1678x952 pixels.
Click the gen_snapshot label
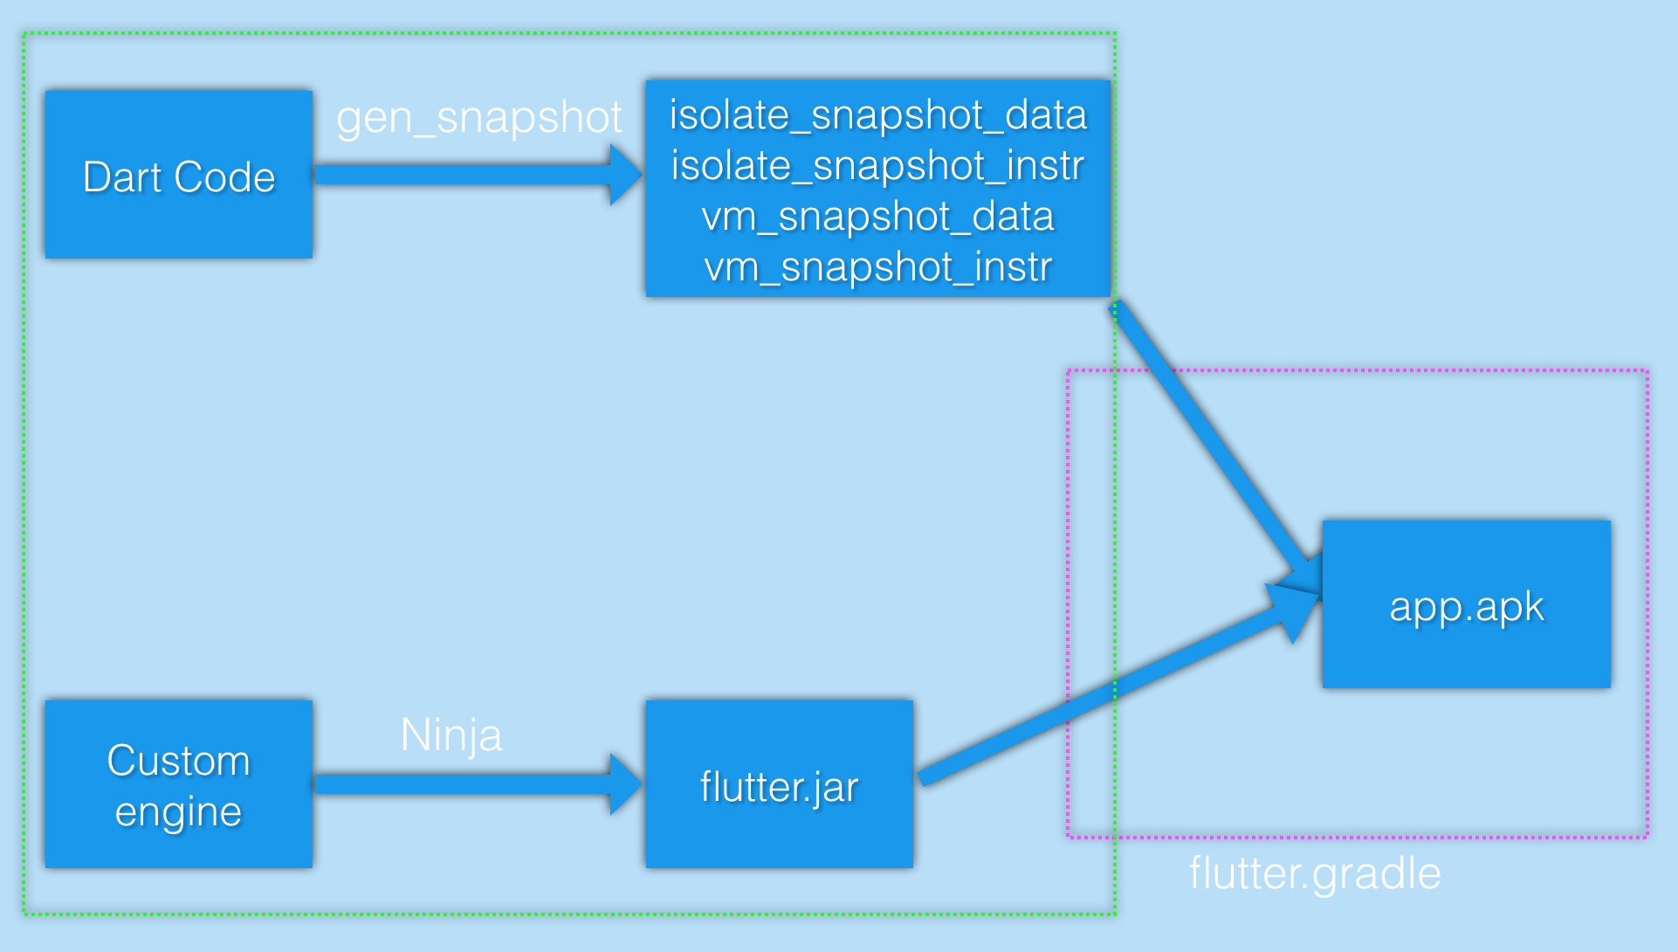(479, 117)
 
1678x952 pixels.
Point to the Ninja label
(450, 735)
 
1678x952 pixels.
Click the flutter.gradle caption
(1314, 873)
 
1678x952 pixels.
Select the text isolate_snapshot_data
(877, 115)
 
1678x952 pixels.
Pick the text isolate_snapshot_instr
(877, 166)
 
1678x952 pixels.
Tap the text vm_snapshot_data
(877, 217)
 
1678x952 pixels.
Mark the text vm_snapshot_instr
(877, 267)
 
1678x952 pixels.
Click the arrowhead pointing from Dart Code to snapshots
(625, 175)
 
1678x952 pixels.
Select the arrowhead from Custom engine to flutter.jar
(625, 784)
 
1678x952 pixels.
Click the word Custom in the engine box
(178, 761)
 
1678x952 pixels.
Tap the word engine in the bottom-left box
(178, 812)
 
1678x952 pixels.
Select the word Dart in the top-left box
(122, 177)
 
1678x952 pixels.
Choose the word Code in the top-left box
(224, 177)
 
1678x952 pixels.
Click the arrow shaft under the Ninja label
(463, 784)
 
